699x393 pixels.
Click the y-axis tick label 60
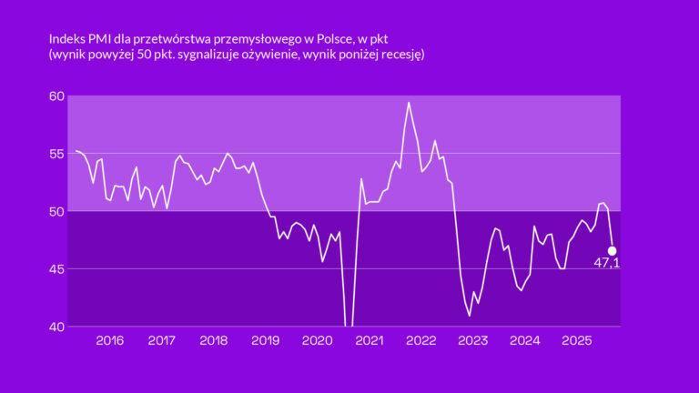56,96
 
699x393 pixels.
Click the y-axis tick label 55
56,154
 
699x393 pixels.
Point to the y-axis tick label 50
56,211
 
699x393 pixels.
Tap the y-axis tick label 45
56,269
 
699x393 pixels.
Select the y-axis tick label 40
56,327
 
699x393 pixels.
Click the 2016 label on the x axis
109,341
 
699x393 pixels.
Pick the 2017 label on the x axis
161,341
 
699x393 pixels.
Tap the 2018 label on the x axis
213,341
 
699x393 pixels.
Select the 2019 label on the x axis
265,341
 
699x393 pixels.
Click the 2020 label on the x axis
317,341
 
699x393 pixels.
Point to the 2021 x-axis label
369,341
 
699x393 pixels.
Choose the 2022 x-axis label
420,341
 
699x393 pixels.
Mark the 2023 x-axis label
472,341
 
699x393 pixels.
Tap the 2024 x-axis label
524,341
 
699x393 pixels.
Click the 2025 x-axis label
576,341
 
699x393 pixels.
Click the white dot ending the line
612,250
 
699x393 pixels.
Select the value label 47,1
606,264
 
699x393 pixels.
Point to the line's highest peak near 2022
409,103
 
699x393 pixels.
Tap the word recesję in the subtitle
401,55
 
